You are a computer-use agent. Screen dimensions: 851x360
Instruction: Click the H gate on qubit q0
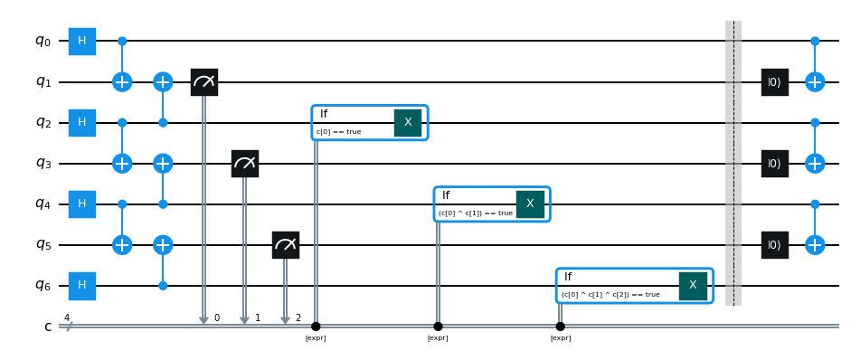(82, 42)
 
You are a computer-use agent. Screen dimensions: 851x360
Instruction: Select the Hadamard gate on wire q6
(82, 286)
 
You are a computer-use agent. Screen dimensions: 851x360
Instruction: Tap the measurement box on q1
(204, 82)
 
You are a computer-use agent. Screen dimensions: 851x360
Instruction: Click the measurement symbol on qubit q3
(245, 164)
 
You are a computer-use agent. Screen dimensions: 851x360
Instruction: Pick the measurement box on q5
(286, 245)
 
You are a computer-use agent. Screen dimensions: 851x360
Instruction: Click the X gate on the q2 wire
(408, 123)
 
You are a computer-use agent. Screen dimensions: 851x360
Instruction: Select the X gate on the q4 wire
(530, 204)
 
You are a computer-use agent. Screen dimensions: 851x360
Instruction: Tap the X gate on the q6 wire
(693, 286)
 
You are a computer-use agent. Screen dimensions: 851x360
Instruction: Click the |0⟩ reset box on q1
(774, 82)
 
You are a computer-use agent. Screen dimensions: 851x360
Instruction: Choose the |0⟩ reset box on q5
(774, 245)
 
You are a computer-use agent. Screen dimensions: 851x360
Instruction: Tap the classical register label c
(48, 327)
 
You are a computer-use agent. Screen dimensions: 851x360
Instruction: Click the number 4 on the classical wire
(67, 317)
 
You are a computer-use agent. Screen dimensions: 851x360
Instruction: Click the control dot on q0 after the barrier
(815, 42)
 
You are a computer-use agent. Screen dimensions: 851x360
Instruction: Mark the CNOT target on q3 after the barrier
(815, 164)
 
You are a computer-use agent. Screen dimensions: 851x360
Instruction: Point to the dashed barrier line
(733, 163)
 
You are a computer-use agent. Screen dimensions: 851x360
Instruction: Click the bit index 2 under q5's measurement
(298, 317)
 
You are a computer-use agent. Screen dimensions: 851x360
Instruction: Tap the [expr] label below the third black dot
(561, 338)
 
